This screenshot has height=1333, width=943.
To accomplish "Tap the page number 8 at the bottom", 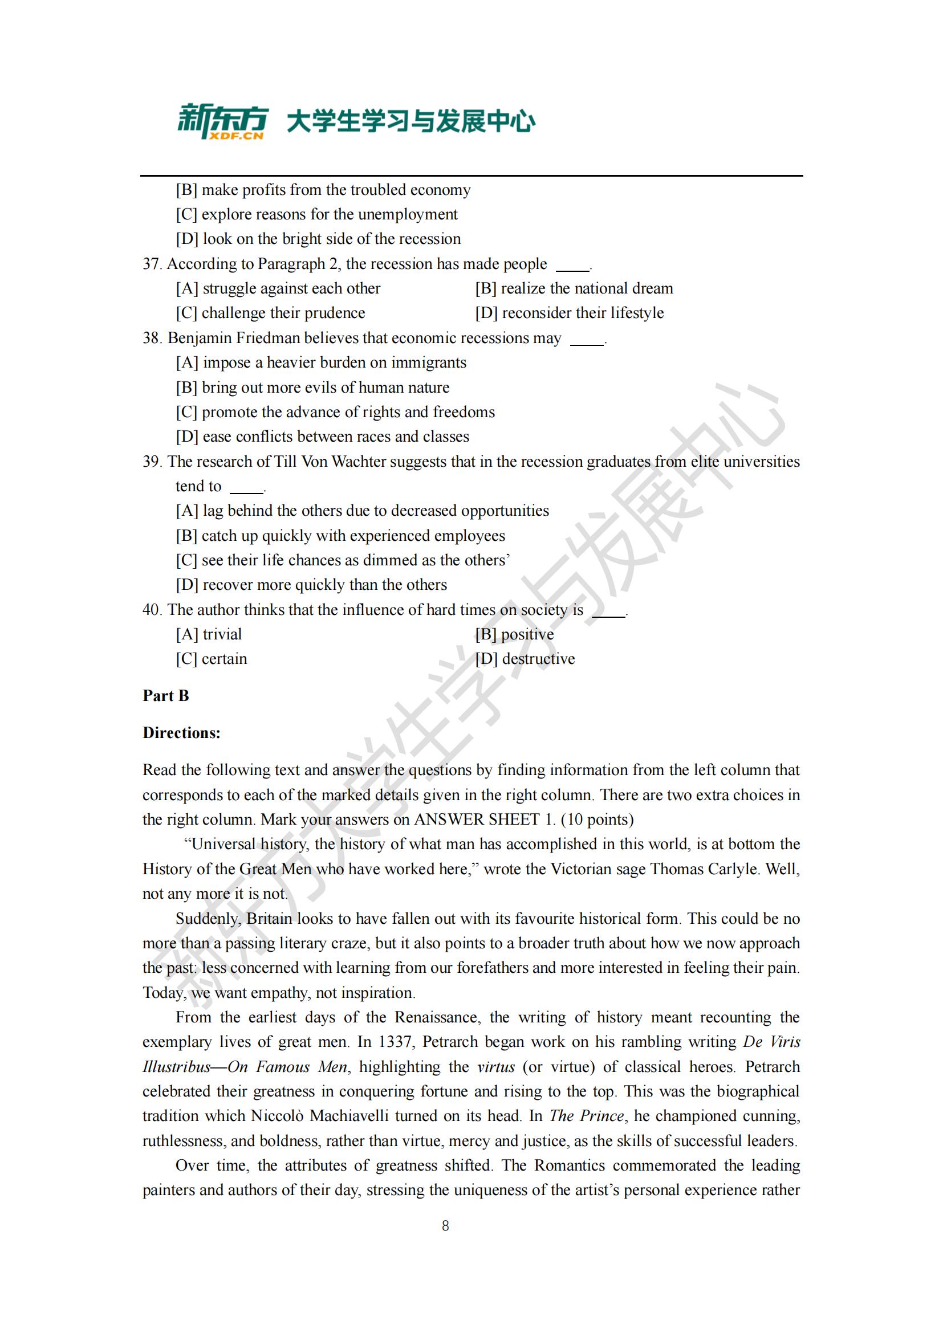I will coord(445,1226).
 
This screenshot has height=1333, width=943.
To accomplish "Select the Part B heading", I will coord(165,695).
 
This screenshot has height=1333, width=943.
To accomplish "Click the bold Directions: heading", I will coord(181,733).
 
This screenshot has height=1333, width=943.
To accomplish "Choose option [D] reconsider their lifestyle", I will coord(569,313).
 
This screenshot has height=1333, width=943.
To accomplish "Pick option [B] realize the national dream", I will coord(574,288).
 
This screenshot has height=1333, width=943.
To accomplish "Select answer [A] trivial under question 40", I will coord(209,634).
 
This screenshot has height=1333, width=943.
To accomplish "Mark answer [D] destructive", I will coord(525,659).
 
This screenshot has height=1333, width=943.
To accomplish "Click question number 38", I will coord(152,338).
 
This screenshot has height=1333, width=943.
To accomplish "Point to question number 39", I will coord(152,462).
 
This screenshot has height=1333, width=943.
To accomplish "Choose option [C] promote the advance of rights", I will coord(336,412).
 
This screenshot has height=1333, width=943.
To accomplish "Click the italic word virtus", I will coord(496,1066).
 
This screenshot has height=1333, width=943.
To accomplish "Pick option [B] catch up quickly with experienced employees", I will coord(340,535).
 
